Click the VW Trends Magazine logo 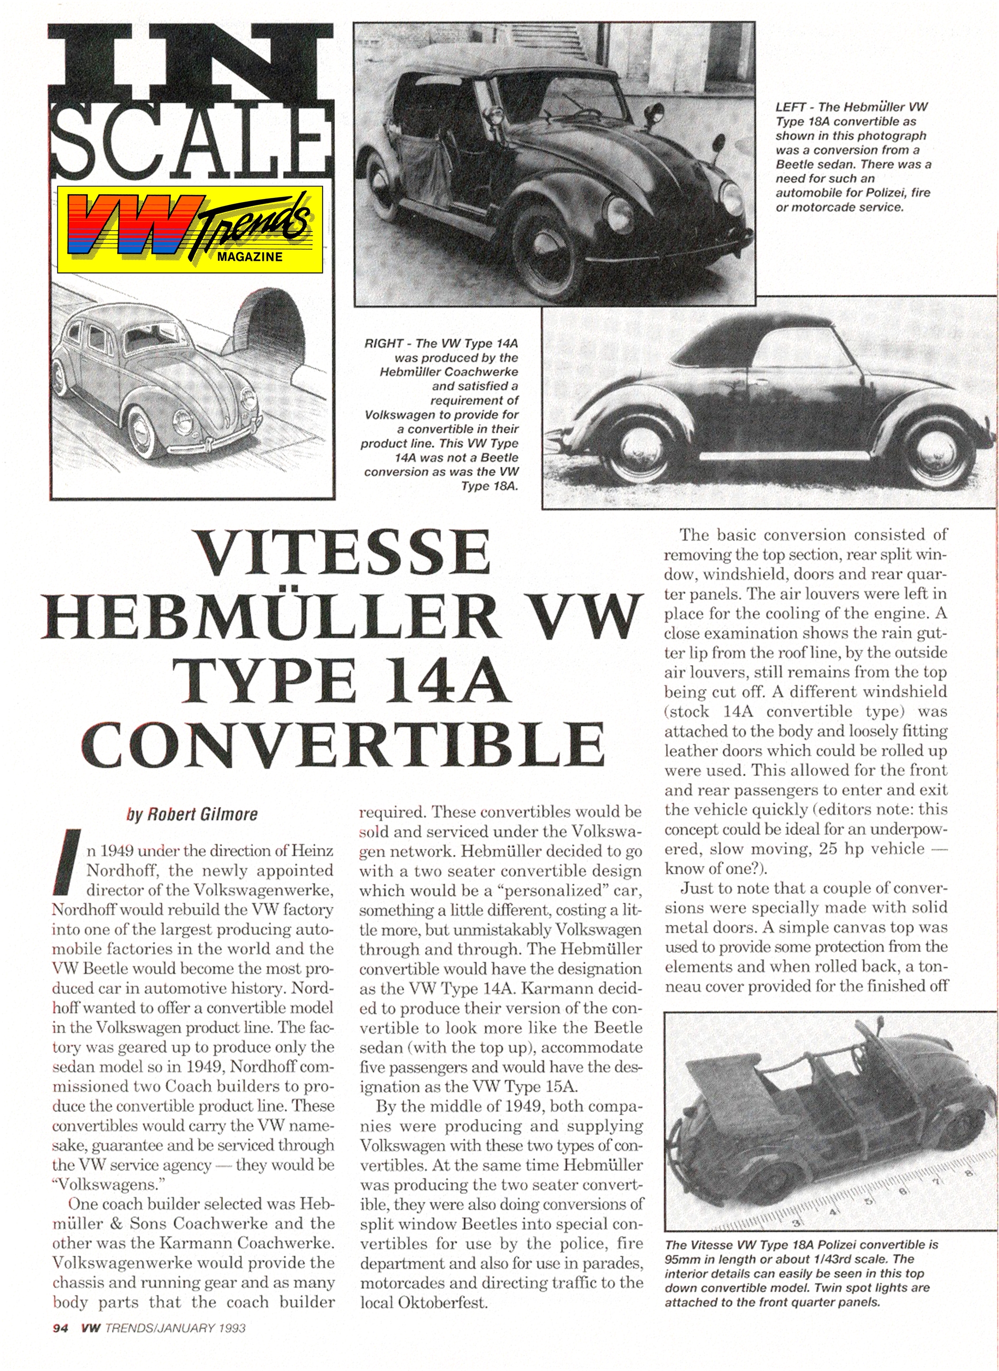pyautogui.click(x=189, y=229)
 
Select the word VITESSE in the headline pyautogui.click(x=345, y=553)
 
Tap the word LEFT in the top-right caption pyautogui.click(x=790, y=107)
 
